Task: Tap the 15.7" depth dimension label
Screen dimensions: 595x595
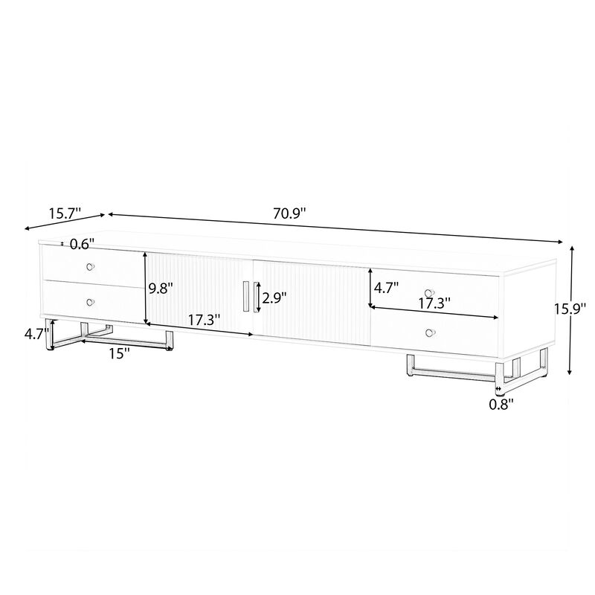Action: pos(65,213)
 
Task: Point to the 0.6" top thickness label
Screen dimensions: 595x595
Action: pos(81,243)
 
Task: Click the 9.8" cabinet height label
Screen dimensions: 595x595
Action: pos(160,288)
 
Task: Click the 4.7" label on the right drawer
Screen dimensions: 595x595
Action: pos(386,286)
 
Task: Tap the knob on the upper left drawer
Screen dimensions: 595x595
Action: pos(91,267)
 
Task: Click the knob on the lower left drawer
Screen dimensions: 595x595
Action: pos(91,301)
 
